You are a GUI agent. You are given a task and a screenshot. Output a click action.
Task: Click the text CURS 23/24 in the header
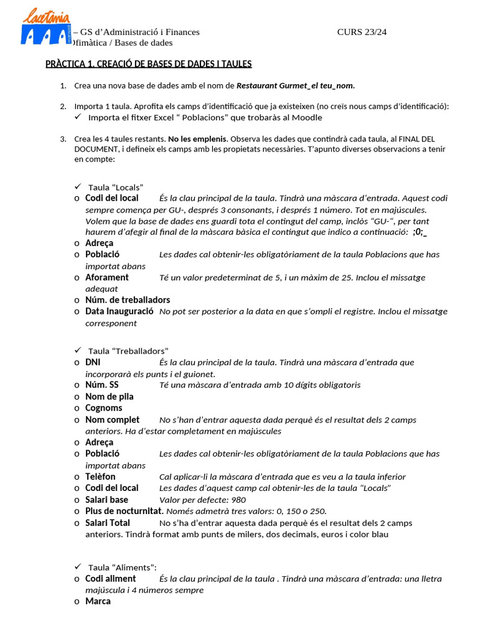click(x=362, y=32)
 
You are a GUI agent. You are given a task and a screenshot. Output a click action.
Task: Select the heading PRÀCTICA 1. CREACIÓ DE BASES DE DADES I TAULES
click(x=148, y=64)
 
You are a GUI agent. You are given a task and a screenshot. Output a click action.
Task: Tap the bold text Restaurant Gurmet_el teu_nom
click(x=296, y=85)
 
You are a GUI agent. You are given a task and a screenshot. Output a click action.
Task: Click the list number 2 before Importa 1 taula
click(x=63, y=106)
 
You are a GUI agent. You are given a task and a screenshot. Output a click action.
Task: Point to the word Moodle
click(x=306, y=117)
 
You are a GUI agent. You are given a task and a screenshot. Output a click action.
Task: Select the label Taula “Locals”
click(x=116, y=187)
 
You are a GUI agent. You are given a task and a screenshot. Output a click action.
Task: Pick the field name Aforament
click(x=107, y=277)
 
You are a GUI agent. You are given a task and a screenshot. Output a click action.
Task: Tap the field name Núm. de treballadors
click(x=128, y=300)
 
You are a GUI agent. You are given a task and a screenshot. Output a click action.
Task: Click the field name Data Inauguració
click(x=119, y=311)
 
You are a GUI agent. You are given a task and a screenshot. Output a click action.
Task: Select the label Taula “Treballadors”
click(x=128, y=351)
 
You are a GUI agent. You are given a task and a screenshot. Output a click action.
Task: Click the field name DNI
click(x=93, y=362)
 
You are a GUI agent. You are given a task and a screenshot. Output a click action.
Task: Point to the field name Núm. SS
click(x=102, y=384)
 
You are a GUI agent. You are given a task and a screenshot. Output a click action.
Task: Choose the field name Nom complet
click(x=113, y=419)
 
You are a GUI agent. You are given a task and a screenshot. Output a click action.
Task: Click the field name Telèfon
click(x=100, y=476)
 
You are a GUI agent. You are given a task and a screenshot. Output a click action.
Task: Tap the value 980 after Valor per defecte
click(x=238, y=500)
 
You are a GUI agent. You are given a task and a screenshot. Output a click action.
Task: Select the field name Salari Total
click(x=108, y=523)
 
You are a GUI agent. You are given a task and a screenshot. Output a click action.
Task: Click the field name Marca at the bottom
click(x=98, y=601)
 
